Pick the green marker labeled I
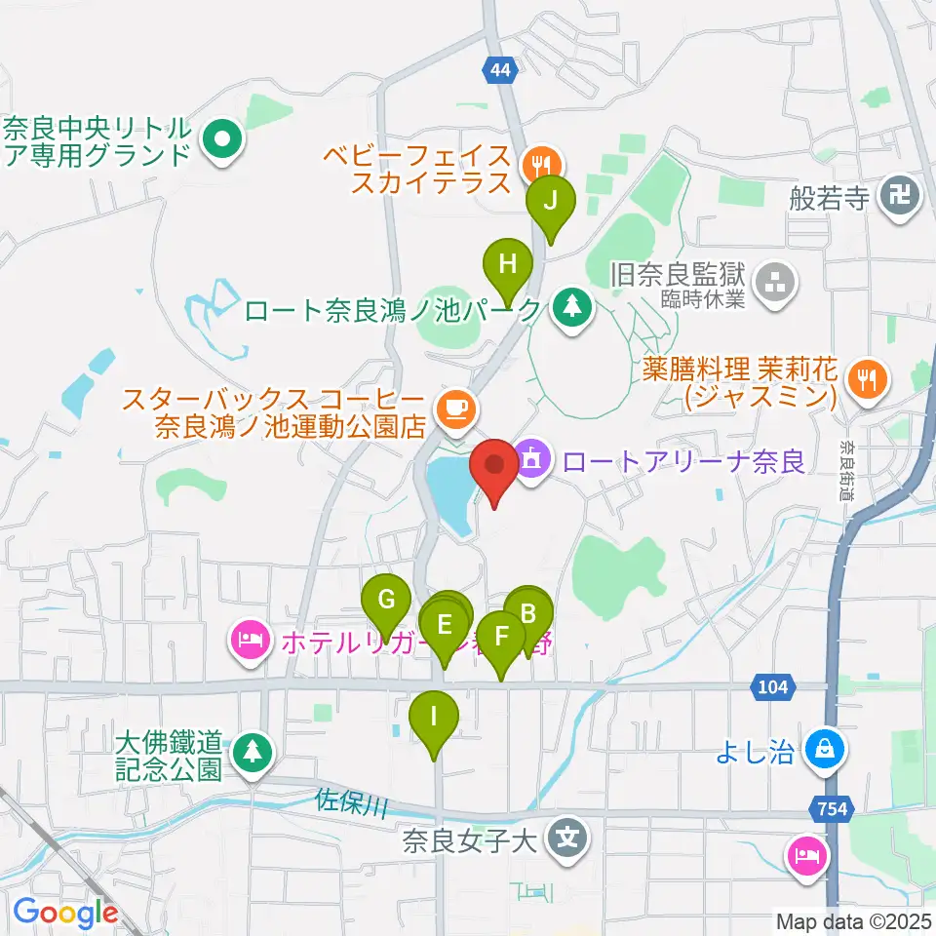(434, 720)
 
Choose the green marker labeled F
(502, 639)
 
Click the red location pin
(494, 466)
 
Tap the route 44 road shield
(498, 69)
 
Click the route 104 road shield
(770, 687)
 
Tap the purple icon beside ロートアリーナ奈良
(531, 458)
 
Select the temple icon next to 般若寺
(898, 199)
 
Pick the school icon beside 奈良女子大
(565, 838)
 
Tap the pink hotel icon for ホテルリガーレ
(250, 642)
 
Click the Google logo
(65, 913)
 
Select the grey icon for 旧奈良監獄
(778, 286)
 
